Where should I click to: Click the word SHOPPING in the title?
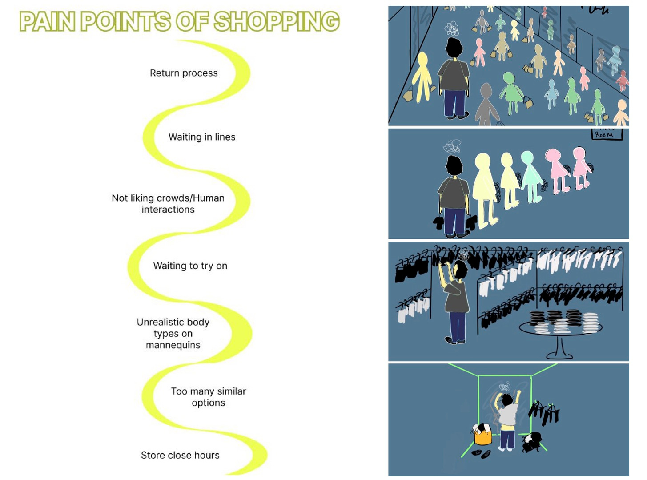coord(277,21)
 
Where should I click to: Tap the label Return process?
coord(184,73)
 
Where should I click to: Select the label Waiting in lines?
coord(202,137)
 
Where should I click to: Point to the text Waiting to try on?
coord(190,266)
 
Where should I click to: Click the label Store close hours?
coord(180,455)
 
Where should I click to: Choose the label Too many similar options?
coord(209,397)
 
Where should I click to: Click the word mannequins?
coord(173,345)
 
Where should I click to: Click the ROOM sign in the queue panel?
coord(607,134)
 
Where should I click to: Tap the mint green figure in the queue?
coord(532,177)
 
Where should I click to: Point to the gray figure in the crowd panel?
coord(486,105)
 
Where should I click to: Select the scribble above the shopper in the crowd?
coord(451,28)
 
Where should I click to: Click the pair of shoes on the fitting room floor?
coord(482,454)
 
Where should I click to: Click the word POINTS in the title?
coord(126,21)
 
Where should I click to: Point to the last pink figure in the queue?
coord(582,168)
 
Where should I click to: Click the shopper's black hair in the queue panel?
coord(454,165)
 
